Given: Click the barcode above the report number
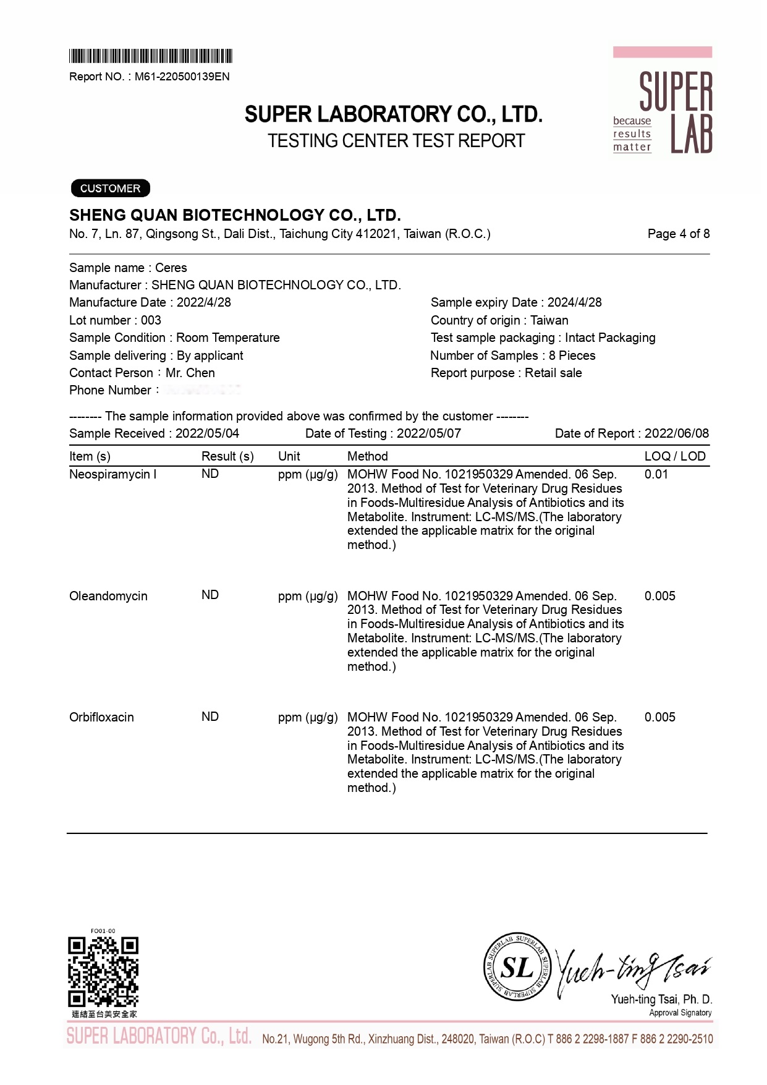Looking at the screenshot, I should point(150,56).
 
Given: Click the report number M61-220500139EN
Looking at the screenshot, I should point(182,77).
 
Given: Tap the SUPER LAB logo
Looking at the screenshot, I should point(663,103).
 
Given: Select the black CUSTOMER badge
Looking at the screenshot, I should point(110,188).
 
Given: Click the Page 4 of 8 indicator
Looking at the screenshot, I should point(678,234).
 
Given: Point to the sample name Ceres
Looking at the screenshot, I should point(171,268).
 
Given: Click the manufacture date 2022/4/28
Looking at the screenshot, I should point(203,302).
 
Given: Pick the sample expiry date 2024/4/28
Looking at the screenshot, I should point(574,302).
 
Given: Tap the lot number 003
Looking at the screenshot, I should point(151,320).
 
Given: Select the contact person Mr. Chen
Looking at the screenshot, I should point(190,373).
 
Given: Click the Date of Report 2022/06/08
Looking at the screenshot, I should point(676,433).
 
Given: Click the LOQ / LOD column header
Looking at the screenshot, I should point(674,456).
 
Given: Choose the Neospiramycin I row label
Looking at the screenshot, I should point(112,474).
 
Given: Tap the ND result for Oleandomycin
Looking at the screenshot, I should point(210,595).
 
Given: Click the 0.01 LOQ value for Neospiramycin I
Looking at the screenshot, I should point(656,474).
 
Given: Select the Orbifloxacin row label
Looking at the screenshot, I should point(101,717).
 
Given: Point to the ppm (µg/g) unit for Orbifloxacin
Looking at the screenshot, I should point(308,717).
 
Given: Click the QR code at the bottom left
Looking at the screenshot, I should point(103,971).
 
